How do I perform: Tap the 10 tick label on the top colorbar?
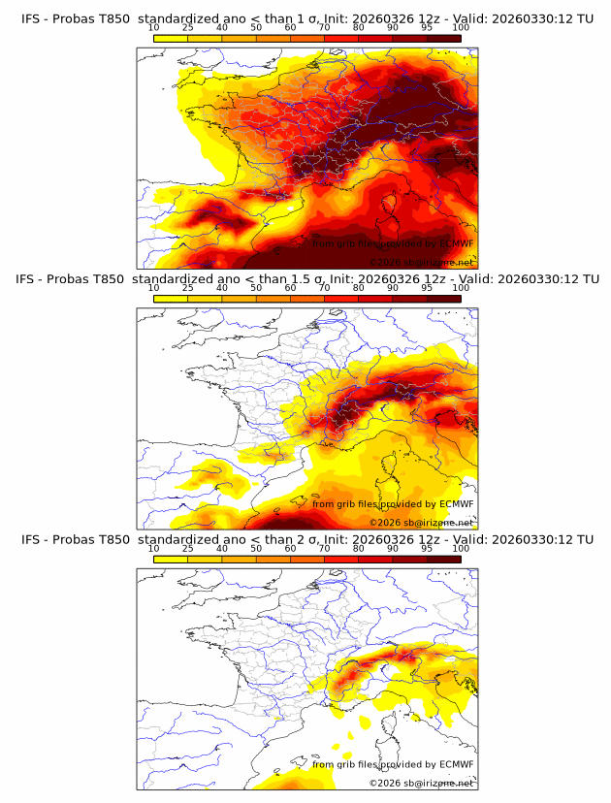coord(154,28)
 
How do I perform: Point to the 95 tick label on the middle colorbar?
coord(427,288)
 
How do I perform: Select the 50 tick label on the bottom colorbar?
coord(256,549)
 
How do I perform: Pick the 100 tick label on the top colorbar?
coord(461,28)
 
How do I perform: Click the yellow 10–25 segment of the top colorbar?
coord(171,38)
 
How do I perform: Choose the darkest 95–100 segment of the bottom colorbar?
coord(444,559)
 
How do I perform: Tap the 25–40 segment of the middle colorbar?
coord(205,298)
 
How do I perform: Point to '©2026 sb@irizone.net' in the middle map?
coord(421,522)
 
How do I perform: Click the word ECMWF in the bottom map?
coord(456,764)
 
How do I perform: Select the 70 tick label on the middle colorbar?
coord(325,288)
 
